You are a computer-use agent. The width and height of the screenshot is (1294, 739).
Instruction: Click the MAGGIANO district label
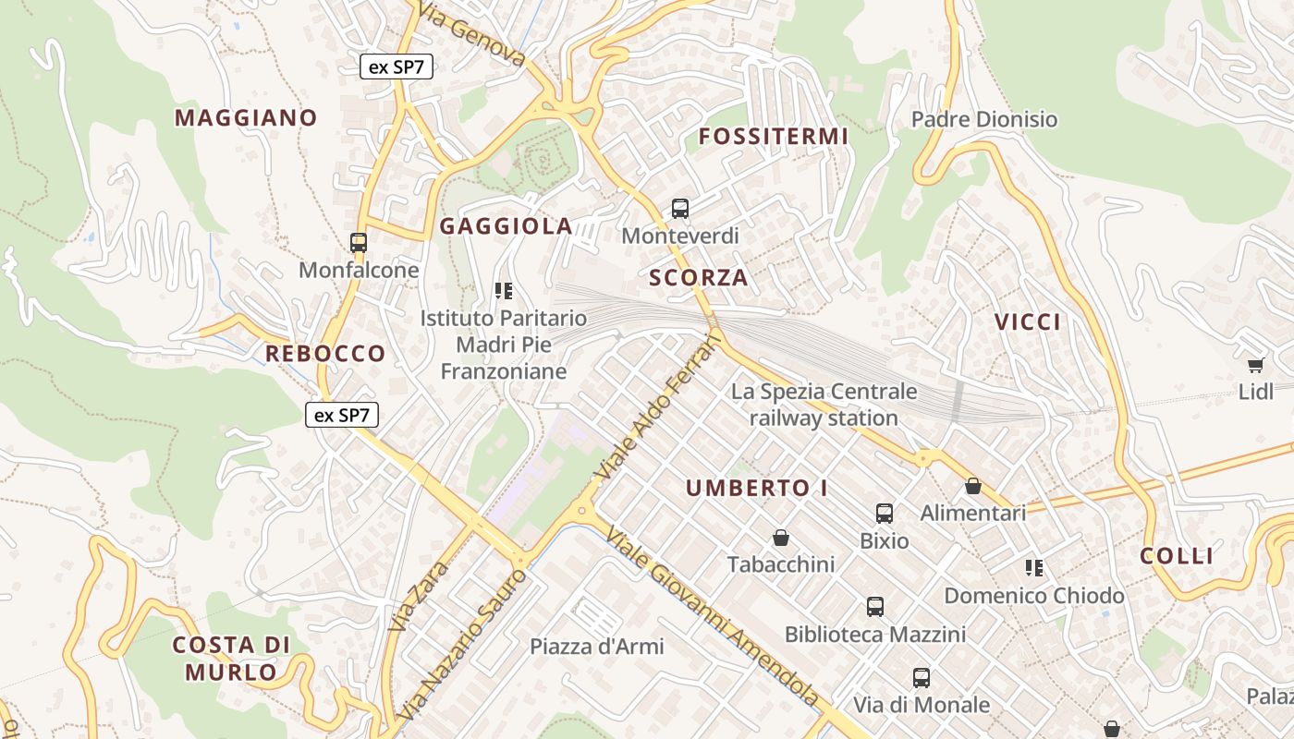coord(246,118)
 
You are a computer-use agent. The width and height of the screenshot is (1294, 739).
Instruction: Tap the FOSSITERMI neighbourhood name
coord(773,137)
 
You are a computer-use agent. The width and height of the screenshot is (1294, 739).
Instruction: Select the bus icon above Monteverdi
coord(680,209)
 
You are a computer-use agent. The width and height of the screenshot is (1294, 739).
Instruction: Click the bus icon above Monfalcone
coord(359,243)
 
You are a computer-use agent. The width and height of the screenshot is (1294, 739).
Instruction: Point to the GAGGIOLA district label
coord(506,226)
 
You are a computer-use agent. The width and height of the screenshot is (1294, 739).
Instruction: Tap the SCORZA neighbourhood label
coord(698,277)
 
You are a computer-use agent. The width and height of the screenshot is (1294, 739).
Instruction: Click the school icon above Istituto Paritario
coord(504,292)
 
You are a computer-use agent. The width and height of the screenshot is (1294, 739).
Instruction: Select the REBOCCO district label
coord(325,353)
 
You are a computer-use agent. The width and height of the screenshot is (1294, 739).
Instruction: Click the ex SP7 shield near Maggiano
coord(397,67)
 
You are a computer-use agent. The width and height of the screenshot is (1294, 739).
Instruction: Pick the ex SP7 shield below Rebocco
coord(342,416)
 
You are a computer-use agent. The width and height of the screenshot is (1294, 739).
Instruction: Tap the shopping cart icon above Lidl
coord(1255,365)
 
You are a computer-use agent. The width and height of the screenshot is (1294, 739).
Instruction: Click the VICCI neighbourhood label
coord(1027,321)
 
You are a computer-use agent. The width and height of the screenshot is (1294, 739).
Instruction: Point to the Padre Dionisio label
coord(983,119)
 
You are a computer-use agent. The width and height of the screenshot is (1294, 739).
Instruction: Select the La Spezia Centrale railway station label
coord(824,405)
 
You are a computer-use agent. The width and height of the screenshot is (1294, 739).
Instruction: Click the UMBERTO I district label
coord(757,488)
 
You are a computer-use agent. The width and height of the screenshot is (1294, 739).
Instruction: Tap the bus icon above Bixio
coord(885,514)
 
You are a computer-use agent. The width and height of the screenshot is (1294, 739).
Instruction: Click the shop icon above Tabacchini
coord(781,538)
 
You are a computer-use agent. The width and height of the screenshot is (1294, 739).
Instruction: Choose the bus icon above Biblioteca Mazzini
coord(875,607)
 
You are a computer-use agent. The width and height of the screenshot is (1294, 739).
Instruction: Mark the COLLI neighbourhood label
coord(1176,556)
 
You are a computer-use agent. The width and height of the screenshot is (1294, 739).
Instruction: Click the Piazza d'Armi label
coord(596,647)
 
